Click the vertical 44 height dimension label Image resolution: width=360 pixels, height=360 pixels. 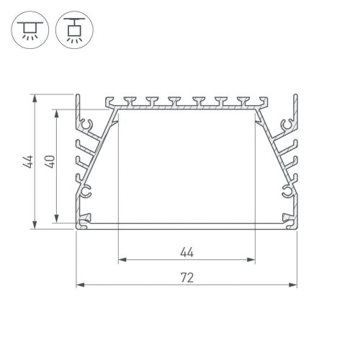click(x=28, y=161)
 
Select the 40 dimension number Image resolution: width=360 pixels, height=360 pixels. click(x=50, y=161)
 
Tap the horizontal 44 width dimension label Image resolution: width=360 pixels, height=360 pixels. click(x=186, y=253)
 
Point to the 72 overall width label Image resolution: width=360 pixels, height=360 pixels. click(x=187, y=278)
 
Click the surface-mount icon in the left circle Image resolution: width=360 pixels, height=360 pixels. click(x=30, y=30)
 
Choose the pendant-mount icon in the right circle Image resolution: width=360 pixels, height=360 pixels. click(x=74, y=30)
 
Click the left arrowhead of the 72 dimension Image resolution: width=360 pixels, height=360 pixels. click(x=80, y=285)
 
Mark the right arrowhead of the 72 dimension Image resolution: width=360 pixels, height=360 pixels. click(x=293, y=285)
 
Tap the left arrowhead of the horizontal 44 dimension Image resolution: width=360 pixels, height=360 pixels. click(x=122, y=259)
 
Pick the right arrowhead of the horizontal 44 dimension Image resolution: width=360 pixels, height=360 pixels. click(x=251, y=259)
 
